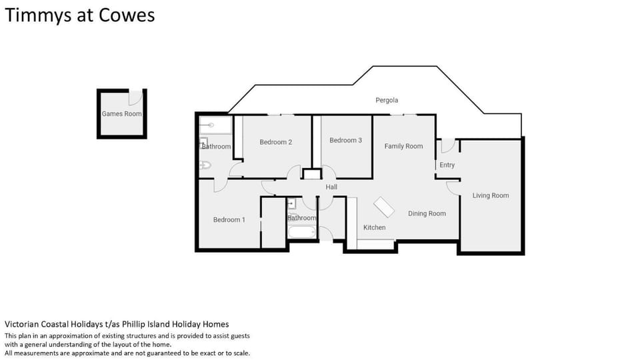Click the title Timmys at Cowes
tap(79, 15)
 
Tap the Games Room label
tap(121, 114)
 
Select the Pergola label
tap(387, 100)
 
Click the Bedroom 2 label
tap(276, 142)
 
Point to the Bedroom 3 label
tap(346, 140)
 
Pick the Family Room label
tap(404, 146)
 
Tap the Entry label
tap(447, 165)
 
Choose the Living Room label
tap(491, 195)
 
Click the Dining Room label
tap(427, 213)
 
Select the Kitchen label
tap(374, 227)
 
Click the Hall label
tap(331, 187)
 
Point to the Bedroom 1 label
tap(229, 219)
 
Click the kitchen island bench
tap(384, 207)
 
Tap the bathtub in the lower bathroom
tap(302, 232)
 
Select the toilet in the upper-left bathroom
tap(205, 165)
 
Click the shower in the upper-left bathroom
tap(215, 125)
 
